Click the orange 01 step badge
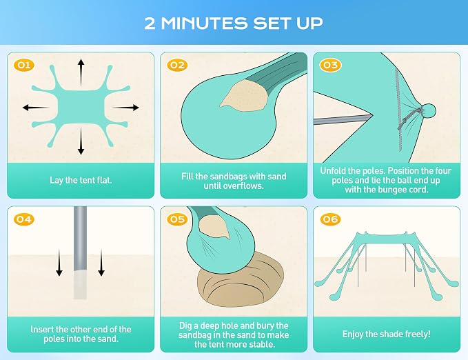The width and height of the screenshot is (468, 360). point(24,65)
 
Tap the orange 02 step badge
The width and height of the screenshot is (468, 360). point(177,65)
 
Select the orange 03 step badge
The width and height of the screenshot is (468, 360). point(330,65)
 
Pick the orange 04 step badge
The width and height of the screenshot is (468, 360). point(24,219)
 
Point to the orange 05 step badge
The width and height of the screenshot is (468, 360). point(177,219)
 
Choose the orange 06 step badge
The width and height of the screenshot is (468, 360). point(330,219)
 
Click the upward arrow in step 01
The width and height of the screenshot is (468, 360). point(81,72)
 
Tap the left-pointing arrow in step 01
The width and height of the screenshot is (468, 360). point(36,108)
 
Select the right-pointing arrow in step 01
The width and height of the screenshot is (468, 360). point(125,108)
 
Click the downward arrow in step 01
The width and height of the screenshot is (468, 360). point(81,141)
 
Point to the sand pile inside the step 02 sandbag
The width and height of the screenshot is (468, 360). point(245,94)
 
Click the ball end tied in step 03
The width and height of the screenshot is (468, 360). point(428,111)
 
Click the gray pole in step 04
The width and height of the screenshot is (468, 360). point(80,252)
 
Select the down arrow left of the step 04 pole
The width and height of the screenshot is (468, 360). point(59,263)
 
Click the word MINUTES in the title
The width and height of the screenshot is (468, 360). point(205,23)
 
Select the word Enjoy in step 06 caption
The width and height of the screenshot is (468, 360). point(353,334)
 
